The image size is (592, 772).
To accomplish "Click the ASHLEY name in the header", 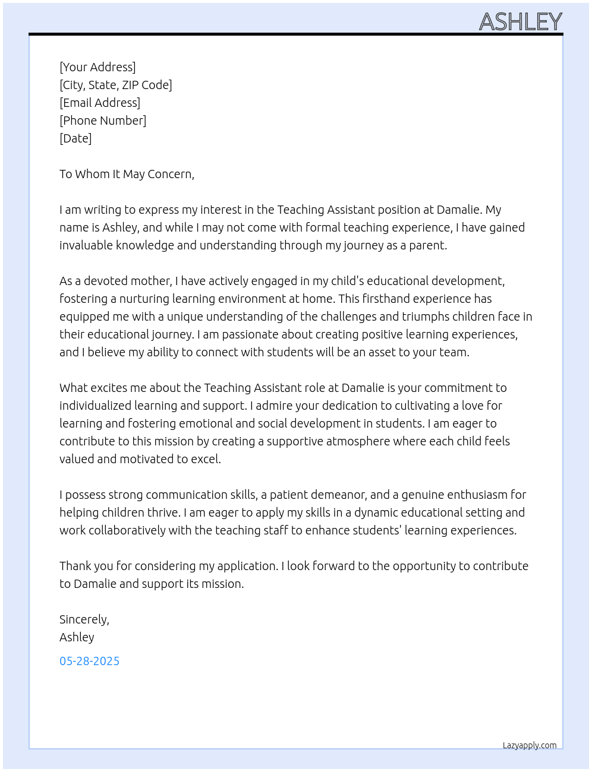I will (520, 22).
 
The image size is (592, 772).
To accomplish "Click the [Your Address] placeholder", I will (97, 67).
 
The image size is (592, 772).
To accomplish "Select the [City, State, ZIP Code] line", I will (115, 85).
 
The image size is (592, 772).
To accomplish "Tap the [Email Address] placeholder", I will (100, 103).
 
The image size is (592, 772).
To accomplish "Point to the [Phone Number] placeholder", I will (103, 121).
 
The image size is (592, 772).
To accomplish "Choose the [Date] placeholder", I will (75, 138).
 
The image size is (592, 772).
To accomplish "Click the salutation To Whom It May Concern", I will (127, 174).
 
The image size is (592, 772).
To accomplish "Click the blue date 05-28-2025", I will (89, 661).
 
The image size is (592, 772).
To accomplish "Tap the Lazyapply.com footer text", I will (529, 745).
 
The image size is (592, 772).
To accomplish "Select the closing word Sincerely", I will (84, 619).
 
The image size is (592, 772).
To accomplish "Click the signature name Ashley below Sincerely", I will (77, 637).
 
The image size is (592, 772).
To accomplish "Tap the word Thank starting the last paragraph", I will (74, 566).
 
